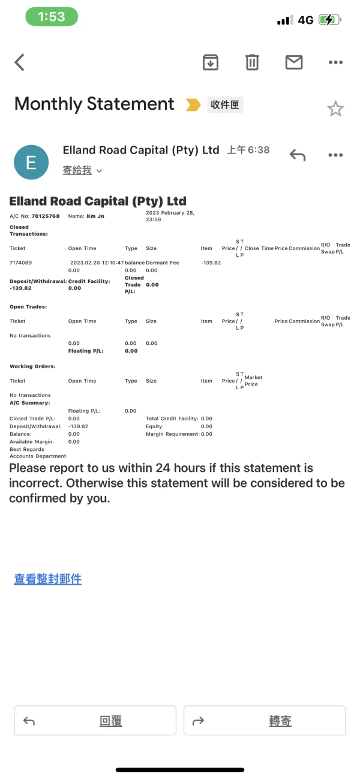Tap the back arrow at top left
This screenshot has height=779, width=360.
pos(20,62)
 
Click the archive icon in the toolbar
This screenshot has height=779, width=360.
pos(211,62)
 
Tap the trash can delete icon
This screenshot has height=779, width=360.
pos(252,62)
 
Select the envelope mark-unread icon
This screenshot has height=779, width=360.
pos(293,62)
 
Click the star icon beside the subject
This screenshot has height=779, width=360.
pos(335,109)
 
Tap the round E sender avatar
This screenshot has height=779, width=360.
pos(31,162)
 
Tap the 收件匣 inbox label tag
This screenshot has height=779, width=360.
pos(226,105)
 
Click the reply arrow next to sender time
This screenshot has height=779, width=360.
pos(298,155)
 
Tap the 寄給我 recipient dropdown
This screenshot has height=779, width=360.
pos(82,171)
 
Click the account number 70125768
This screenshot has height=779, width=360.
pos(46,216)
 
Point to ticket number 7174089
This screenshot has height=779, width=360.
pos(21,263)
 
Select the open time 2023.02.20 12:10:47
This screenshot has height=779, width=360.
pos(97,263)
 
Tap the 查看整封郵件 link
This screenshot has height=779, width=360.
pos(48,579)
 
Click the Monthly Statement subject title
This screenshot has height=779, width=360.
pos(94,104)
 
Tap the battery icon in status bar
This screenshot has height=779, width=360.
pos(329,20)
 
